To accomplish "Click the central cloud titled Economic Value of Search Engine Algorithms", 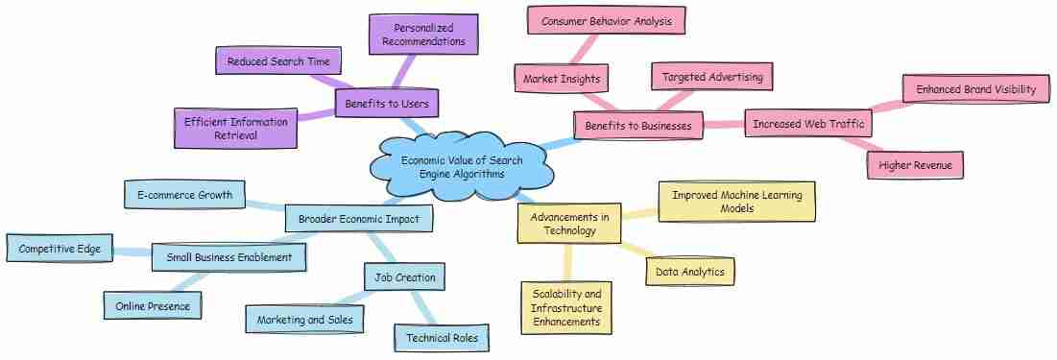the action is tap(462, 166).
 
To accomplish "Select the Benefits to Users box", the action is tap(387, 104).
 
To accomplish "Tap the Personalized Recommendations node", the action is tap(423, 35).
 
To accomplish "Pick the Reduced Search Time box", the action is tap(278, 61).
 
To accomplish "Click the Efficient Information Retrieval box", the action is tap(235, 128).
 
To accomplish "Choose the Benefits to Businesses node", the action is tap(637, 126).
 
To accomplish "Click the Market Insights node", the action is tap(562, 79).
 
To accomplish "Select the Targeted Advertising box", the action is tap(711, 77).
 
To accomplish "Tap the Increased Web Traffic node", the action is tap(809, 124).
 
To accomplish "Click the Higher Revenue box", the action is tap(916, 165).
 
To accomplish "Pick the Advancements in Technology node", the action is tap(569, 223).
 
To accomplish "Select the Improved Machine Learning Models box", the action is tap(736, 202).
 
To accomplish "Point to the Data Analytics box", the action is tap(689, 272).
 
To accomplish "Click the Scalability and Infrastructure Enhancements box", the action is tap(566, 308).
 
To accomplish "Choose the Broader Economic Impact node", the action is tap(359, 219).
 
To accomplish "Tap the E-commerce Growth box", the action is tap(184, 195).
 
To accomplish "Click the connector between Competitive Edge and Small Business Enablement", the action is tap(132, 252).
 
